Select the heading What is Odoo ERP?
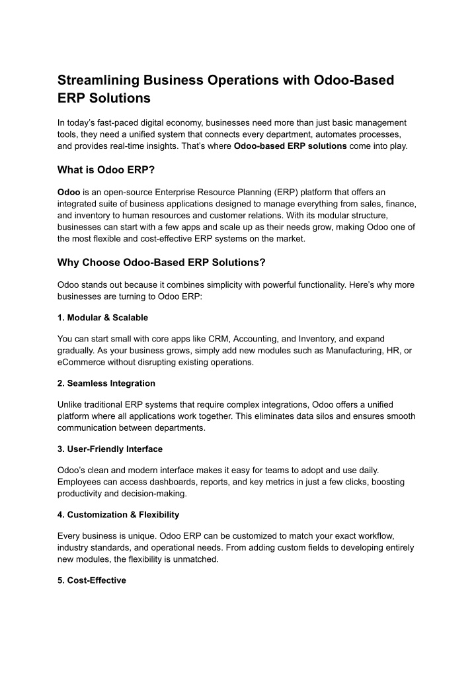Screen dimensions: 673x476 (106, 170)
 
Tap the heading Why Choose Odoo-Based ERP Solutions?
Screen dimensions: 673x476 (161, 263)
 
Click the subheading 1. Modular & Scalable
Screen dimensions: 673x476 (102, 317)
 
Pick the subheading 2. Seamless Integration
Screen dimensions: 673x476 (106, 383)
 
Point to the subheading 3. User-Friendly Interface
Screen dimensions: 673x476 (110, 449)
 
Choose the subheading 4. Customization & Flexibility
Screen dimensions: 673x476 (118, 514)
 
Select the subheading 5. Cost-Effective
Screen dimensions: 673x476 (91, 580)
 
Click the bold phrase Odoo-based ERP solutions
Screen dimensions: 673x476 (290, 146)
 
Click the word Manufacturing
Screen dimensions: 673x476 (358, 350)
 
